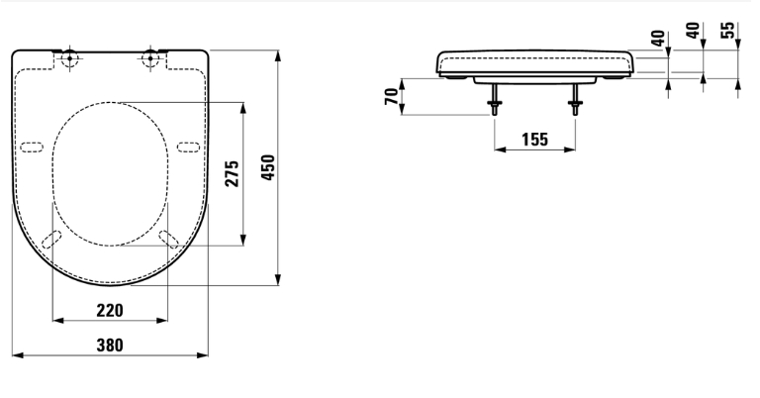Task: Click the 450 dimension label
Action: (268, 167)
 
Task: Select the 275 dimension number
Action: (233, 173)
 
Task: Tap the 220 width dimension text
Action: (110, 310)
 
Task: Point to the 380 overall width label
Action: (110, 346)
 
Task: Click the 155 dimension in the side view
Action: (534, 140)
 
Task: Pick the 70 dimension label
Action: (392, 96)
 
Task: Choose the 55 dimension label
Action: (727, 30)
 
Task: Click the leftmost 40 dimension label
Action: (658, 39)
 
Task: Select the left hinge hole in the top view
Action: (70, 58)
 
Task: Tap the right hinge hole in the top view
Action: (150, 58)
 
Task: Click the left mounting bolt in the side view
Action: (495, 99)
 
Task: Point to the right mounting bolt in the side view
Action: (575, 99)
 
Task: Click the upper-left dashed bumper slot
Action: (32, 148)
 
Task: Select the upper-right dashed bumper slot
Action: (188, 148)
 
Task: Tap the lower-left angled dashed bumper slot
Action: (51, 240)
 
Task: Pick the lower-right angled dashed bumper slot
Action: (168, 240)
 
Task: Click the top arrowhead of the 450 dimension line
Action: (278, 55)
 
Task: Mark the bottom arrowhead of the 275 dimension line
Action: (242, 240)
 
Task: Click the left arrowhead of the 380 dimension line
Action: (18, 355)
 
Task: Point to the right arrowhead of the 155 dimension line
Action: (570, 149)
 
